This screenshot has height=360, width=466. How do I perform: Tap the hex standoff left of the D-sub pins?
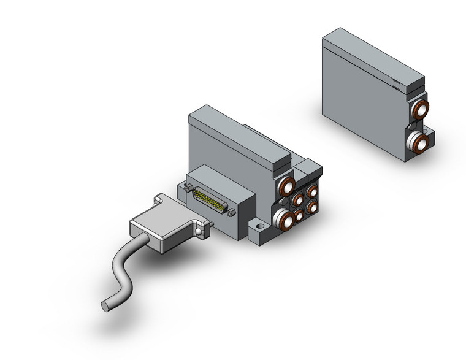pyautogui.click(x=187, y=190)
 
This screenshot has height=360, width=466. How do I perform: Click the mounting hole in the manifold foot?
pyautogui.click(x=258, y=231)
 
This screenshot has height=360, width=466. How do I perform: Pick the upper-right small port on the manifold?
pyautogui.click(x=311, y=190)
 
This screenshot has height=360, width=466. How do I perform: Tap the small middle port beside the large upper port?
pyautogui.click(x=299, y=199)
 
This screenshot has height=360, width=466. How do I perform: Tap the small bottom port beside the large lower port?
pyautogui.click(x=299, y=215)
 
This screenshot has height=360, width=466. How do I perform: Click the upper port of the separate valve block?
pyautogui.click(x=420, y=111)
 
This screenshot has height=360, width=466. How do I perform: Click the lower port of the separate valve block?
pyautogui.click(x=420, y=144)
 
